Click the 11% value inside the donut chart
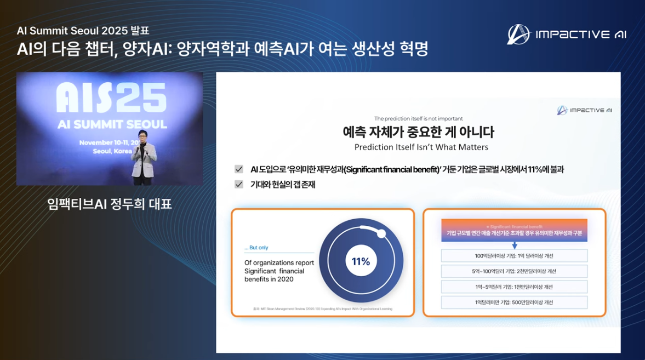(x=361, y=261)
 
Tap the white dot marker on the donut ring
(x=381, y=233)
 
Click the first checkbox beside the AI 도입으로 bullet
(x=239, y=169)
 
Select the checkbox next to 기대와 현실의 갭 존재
(x=239, y=185)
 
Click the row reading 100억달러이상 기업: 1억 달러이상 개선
(x=514, y=256)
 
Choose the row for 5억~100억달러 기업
(x=514, y=271)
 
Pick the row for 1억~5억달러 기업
(x=514, y=287)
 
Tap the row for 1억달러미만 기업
(x=514, y=302)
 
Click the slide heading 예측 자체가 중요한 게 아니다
(x=418, y=132)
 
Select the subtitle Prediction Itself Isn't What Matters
(x=421, y=147)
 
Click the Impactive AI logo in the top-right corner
(x=567, y=35)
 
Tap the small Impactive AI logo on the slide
(x=584, y=110)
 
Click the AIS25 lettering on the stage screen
(x=111, y=99)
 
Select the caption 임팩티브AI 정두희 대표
(x=110, y=204)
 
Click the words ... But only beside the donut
(x=256, y=248)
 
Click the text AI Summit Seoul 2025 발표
(x=83, y=31)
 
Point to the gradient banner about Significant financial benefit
(x=514, y=230)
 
